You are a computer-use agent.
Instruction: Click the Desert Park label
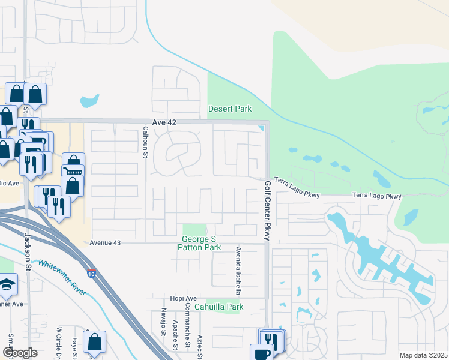pos(229,109)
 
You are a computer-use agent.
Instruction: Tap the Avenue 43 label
pos(105,243)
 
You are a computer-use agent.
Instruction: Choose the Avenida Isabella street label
pos(238,270)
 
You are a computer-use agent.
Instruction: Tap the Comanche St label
pos(187,329)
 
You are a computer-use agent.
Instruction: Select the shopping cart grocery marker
pos(73,171)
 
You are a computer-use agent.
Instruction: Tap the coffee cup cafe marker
pos(262,353)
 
